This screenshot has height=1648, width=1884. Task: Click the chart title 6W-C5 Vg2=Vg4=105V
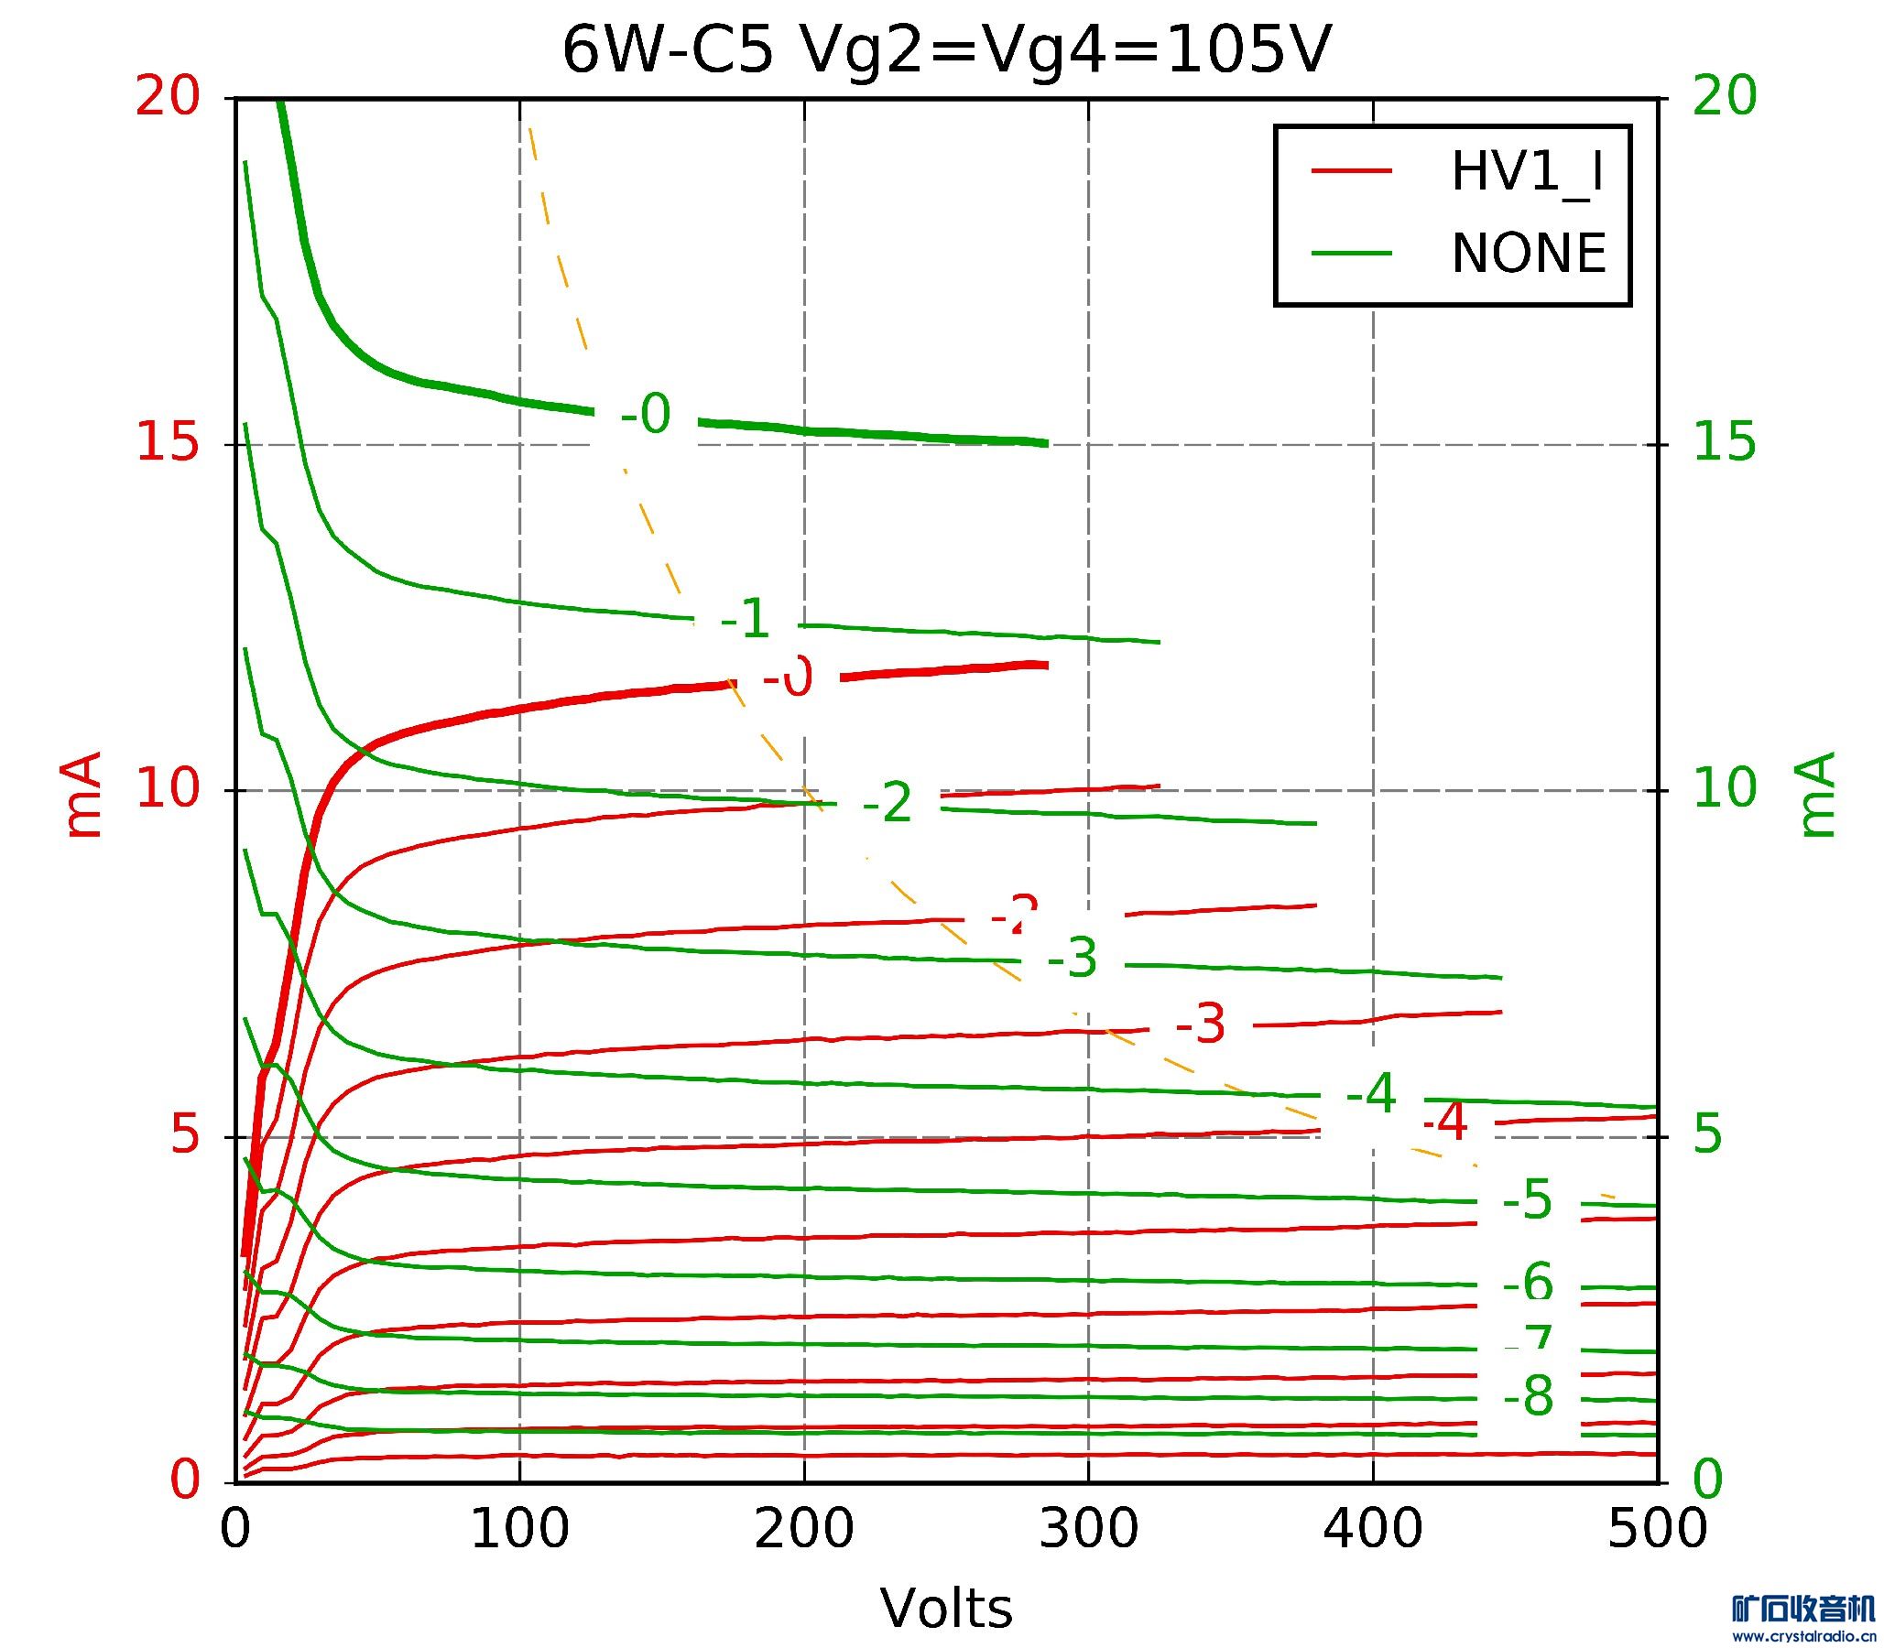946,50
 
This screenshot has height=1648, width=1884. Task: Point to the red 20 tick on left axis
168,96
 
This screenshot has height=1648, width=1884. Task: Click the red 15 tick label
168,444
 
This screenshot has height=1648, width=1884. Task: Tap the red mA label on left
82,796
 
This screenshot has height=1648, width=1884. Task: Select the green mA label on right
1816,796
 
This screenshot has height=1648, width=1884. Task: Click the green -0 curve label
646,415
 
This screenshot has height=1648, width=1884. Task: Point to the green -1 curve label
746,619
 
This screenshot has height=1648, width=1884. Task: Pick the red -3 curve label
1201,1024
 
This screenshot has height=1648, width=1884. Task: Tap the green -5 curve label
1527,1201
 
